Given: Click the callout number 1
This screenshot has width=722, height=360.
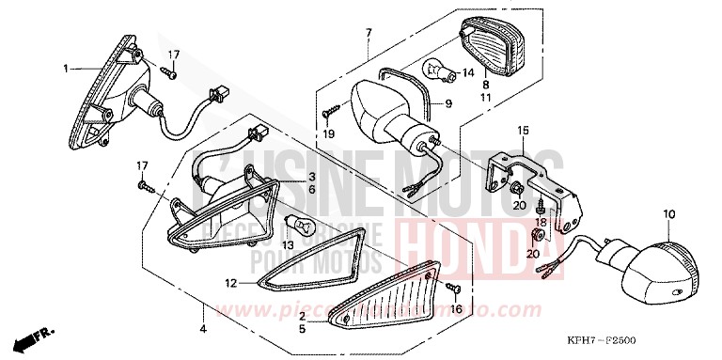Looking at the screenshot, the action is click(67, 68).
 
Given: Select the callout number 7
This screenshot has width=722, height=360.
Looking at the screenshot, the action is click(368, 33).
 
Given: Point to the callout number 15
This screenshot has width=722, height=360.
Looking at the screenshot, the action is click(524, 130).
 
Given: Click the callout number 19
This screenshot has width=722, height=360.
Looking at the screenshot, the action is click(329, 134).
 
